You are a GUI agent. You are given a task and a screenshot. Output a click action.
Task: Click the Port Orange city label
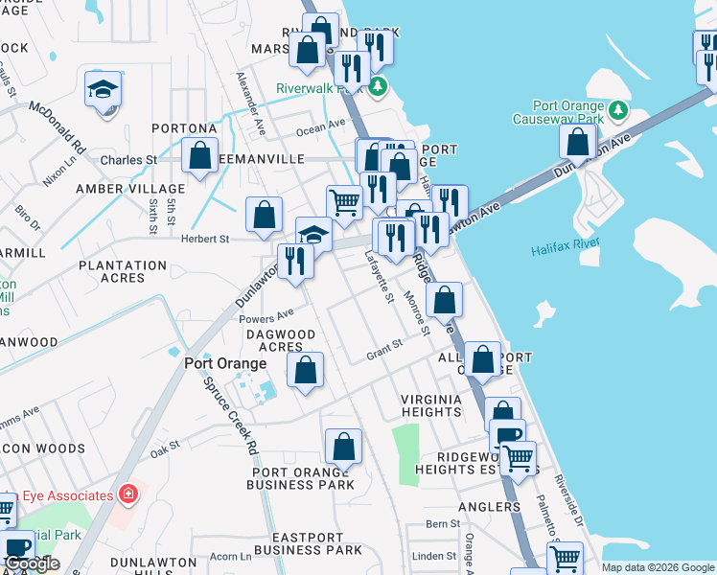[x=225, y=364]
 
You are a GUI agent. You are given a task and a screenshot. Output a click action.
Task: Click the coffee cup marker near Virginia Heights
[x=507, y=435]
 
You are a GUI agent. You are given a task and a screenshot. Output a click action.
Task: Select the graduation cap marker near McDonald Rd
[x=103, y=89]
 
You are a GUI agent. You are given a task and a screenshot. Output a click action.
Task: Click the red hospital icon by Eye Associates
[x=127, y=494]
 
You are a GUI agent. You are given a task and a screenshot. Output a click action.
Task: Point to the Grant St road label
[x=382, y=356]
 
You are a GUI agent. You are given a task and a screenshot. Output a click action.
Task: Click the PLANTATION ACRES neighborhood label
[x=123, y=271]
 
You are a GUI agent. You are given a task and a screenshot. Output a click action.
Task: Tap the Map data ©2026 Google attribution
[x=658, y=567]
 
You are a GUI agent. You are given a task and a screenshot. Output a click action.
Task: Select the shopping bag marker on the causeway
[x=578, y=141]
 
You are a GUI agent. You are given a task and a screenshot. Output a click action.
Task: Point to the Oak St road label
[x=164, y=446]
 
